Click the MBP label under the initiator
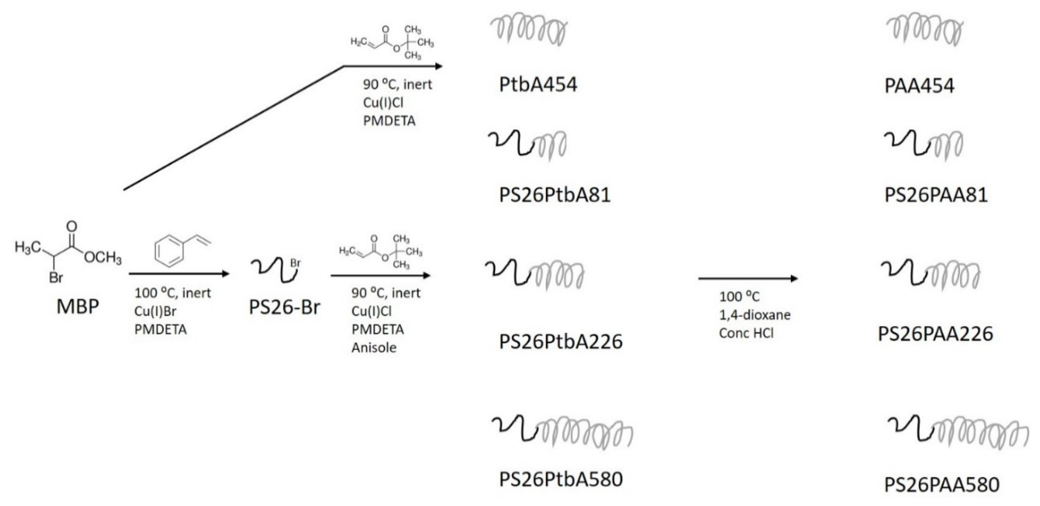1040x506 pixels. pyautogui.click(x=78, y=306)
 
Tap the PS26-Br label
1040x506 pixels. pyautogui.click(x=284, y=307)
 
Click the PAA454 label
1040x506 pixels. pyautogui.click(x=919, y=86)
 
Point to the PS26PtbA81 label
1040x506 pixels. pyautogui.click(x=555, y=195)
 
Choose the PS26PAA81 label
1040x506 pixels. pyautogui.click(x=936, y=195)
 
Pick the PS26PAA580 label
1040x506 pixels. pyautogui.click(x=942, y=485)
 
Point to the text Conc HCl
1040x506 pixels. pyautogui.click(x=746, y=333)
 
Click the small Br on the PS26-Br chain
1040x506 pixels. pyautogui.click(x=295, y=263)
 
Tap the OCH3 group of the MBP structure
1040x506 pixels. pyautogui.click(x=103, y=257)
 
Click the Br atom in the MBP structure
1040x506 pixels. pyautogui.click(x=56, y=278)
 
